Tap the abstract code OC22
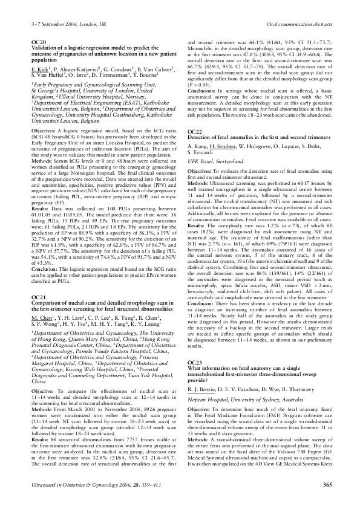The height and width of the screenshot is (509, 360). tap(195, 131)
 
